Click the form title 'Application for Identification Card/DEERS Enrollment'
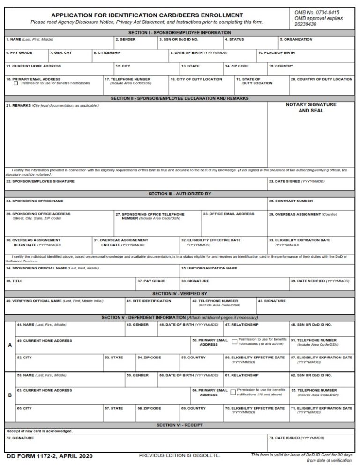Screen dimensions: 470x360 147,15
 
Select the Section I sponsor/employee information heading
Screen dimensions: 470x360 180,32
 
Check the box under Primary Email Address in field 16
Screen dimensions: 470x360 16,83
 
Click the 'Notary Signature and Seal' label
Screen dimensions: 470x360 311,108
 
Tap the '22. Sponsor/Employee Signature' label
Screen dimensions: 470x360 40,181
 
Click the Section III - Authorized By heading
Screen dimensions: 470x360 180,194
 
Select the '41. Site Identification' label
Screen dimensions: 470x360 142,301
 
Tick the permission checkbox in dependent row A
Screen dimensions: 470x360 234,342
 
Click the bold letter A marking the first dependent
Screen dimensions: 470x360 10,345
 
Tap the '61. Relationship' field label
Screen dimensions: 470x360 241,375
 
